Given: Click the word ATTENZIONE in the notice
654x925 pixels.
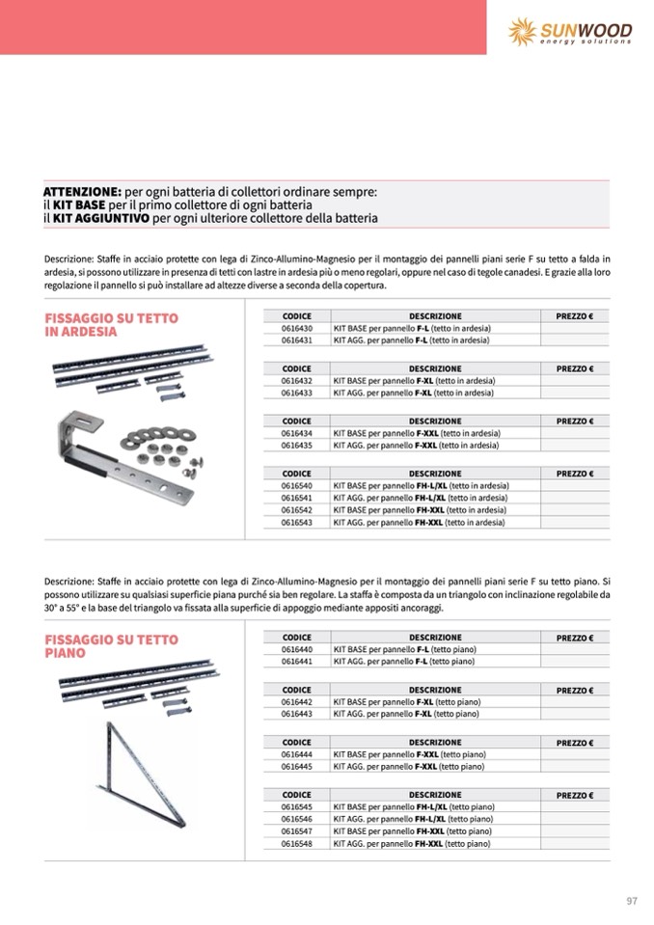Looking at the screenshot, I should click(x=82, y=193).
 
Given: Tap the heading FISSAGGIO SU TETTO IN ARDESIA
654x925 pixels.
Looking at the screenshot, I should click(x=111, y=324).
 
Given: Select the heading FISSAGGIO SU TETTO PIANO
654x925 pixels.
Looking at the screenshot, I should click(x=111, y=645).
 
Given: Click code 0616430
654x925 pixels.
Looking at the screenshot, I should click(x=296, y=329).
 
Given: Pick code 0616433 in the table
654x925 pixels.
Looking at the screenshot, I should click(x=296, y=394).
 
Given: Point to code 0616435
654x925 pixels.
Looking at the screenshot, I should click(x=296, y=446).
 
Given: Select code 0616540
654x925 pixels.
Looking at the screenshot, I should click(x=296, y=485).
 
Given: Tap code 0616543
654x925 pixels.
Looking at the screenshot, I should click(x=296, y=522).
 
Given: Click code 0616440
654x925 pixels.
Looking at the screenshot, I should click(x=296, y=649).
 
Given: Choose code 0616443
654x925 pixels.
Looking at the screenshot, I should click(x=296, y=714).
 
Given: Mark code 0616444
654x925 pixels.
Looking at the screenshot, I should click(x=296, y=754).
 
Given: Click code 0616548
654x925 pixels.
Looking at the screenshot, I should click(x=296, y=843).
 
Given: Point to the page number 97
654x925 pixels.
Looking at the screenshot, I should click(x=632, y=901).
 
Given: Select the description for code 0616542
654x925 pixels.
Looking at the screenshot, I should click(x=420, y=509).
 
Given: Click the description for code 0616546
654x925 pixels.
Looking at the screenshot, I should click(x=414, y=818).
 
